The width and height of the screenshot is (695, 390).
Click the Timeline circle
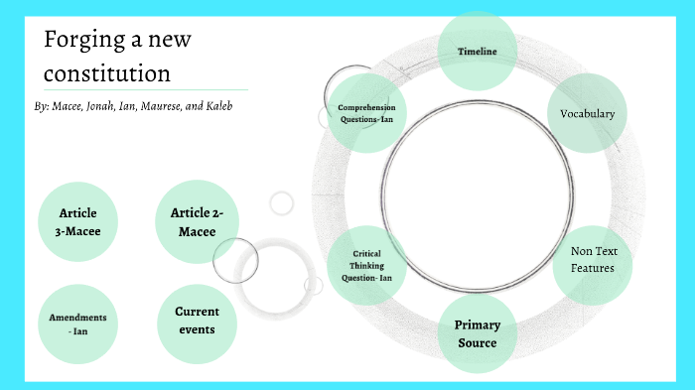click(478, 51)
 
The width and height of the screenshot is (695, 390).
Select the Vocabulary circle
click(587, 113)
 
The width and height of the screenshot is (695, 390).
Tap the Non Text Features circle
click(592, 260)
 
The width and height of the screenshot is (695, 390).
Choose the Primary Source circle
click(477, 333)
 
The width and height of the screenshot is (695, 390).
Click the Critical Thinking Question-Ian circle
click(366, 266)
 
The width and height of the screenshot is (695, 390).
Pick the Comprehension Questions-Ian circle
click(366, 112)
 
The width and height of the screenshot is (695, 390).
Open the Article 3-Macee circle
click(78, 222)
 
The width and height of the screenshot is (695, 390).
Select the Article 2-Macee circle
click(197, 220)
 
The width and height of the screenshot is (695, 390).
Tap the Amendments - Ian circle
click(77, 324)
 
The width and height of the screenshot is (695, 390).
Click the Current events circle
click(197, 320)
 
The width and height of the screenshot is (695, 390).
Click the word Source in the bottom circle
click(477, 343)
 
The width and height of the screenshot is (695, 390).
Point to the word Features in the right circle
click(592, 268)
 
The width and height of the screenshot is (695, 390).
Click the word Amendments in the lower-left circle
click(77, 318)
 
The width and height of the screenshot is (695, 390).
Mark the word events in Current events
click(197, 328)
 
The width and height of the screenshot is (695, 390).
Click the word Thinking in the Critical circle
click(366, 266)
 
